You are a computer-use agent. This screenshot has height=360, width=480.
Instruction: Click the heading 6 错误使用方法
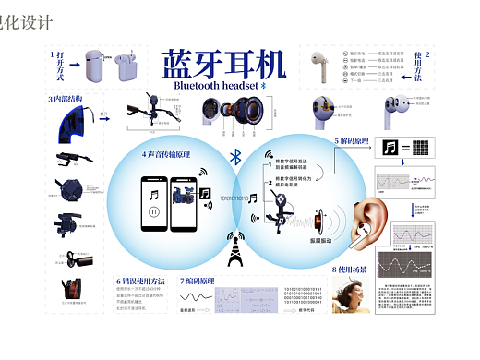click(141, 279)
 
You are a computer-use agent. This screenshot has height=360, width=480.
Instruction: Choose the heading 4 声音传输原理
click(166, 153)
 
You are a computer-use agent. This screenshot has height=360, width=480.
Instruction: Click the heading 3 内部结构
click(65, 99)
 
